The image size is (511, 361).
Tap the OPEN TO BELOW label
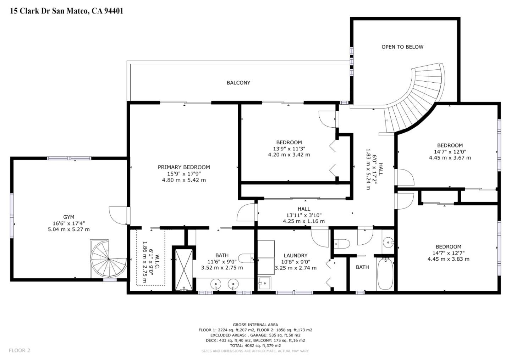[402, 47]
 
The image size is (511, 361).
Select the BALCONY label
[238, 83]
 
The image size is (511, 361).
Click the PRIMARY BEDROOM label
[184, 167]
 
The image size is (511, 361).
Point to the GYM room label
[69, 217]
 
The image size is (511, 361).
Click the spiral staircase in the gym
[109, 259]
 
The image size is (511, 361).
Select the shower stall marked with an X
[184, 270]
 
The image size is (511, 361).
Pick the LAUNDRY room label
[296, 256]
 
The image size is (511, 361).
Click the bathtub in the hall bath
[385, 274]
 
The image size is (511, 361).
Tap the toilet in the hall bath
[342, 244]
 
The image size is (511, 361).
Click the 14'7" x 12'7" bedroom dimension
[449, 253]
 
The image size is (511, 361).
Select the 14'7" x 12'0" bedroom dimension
[450, 151]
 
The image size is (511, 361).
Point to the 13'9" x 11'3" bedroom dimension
[289, 149]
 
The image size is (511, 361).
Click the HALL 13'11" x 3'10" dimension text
[304, 215]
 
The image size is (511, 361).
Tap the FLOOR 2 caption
[20, 350]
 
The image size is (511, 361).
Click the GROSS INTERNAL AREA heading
[255, 325]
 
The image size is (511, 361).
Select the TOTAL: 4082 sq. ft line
[255, 345]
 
